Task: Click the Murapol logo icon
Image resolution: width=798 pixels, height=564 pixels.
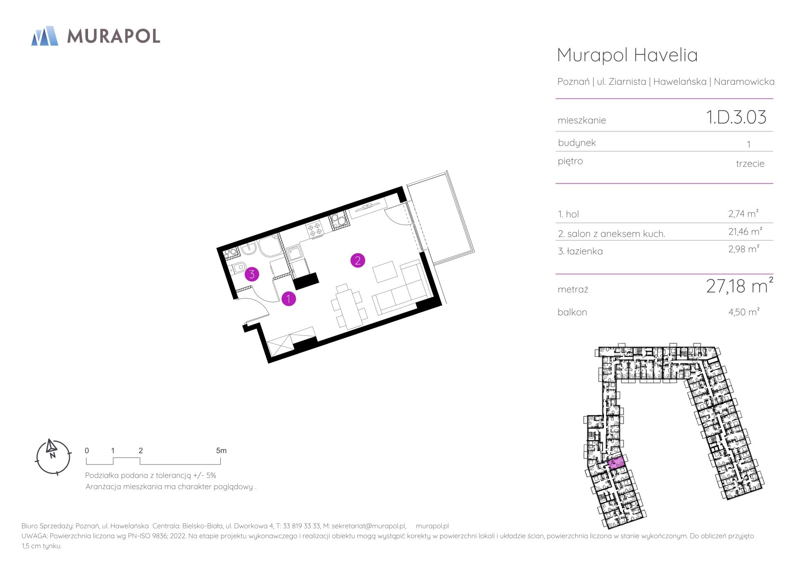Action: point(45,36)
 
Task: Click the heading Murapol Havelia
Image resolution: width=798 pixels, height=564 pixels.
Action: point(627,55)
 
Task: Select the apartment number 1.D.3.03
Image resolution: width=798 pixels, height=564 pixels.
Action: point(736,117)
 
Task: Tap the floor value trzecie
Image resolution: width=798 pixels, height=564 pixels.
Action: point(750,164)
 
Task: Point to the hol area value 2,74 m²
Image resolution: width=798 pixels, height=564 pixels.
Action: point(744,213)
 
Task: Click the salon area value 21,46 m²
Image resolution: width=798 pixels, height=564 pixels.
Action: point(745,231)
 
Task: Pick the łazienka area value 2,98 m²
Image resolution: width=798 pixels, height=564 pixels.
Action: point(744,249)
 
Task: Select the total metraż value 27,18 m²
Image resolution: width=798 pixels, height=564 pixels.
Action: point(739,285)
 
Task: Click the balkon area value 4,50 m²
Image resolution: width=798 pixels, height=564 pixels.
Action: point(744,312)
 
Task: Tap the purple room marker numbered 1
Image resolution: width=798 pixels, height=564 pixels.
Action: point(289,299)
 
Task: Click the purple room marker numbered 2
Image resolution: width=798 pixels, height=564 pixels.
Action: point(357,260)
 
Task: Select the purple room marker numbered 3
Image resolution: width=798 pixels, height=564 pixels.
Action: point(252,274)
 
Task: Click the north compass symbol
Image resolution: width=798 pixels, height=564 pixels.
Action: point(53,457)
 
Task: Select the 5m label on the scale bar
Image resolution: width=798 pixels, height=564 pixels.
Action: point(221,451)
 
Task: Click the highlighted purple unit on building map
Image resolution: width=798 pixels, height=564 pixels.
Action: point(616,463)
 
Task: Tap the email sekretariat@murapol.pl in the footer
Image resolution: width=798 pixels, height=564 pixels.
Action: point(368,526)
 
